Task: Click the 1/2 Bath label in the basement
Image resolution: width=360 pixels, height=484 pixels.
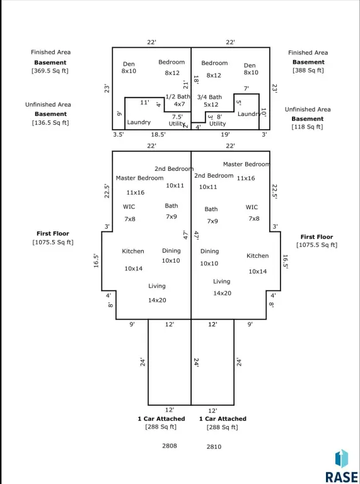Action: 178,96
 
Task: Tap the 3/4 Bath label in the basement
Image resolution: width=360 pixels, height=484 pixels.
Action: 210,97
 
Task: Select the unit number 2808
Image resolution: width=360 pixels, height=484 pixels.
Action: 170,446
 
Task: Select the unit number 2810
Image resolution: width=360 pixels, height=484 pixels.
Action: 214,446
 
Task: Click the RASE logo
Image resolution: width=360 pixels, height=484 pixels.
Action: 342,466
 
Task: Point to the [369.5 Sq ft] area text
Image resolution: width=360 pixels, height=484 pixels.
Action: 50,71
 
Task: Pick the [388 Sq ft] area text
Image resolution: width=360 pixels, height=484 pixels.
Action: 308,71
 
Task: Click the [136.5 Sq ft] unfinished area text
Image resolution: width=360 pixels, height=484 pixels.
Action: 50,122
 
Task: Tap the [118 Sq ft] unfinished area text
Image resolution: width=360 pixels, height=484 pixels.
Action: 307,127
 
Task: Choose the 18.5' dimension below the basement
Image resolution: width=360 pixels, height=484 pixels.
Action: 158,135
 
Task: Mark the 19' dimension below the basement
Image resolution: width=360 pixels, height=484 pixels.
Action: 225,135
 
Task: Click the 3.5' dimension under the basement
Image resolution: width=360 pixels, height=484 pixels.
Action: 119,135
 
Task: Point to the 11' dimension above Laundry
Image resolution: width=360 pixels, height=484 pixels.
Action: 144,102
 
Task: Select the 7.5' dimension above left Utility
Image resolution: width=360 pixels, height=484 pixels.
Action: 177,117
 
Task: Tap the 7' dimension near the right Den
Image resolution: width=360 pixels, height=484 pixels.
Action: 246,89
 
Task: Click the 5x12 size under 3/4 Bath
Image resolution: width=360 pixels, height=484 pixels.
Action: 211,105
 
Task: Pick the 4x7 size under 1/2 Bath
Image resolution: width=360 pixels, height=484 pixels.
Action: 180,104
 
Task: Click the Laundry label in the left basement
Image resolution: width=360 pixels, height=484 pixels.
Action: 139,122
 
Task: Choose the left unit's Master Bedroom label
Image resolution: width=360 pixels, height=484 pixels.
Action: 139,178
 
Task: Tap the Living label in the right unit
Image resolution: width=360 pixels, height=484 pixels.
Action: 222,282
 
